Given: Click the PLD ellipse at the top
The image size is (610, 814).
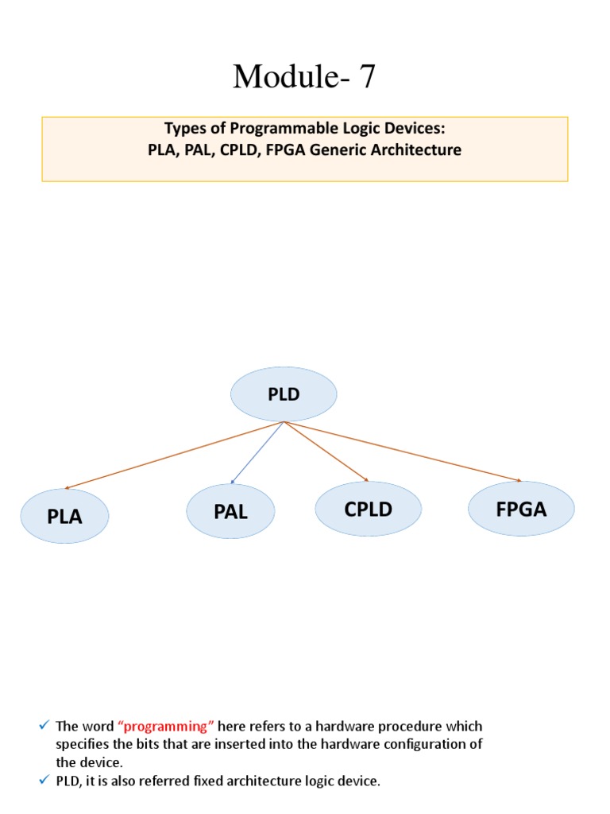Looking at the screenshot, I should coord(284,394).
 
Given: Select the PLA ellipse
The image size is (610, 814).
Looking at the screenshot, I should coord(64,516).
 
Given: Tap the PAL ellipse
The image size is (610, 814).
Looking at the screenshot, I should coord(230,511).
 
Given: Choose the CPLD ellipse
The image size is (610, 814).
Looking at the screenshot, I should coord(368,509).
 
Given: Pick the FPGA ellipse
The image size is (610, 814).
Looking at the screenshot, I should coord(521,509).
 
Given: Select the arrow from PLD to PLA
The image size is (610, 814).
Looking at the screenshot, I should coord(174,455).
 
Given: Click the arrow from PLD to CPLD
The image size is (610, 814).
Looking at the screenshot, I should coord(326,452).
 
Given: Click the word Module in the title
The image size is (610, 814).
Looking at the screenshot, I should coord(277,77).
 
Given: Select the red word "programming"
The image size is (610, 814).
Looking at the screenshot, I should coord(166,726).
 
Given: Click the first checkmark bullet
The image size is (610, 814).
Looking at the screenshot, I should coord(44,726).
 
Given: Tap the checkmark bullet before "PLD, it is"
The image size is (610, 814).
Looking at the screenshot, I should coord(44,781).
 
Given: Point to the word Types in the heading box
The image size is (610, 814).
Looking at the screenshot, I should coord(183,129).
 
